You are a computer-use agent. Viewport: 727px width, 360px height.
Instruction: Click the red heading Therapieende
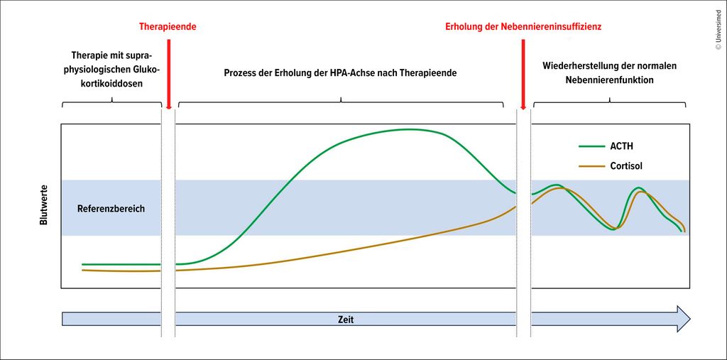pos(167,26)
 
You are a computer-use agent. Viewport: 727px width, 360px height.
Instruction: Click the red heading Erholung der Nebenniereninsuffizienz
pos(524,26)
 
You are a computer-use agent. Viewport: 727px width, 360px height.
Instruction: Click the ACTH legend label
pos(621,147)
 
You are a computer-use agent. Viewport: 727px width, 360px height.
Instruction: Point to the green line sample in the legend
pos(591,147)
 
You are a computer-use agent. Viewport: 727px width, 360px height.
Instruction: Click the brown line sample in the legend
pos(591,166)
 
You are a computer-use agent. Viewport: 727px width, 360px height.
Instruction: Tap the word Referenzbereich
pos(111,209)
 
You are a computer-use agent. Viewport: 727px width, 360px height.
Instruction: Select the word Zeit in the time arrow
pos(345,320)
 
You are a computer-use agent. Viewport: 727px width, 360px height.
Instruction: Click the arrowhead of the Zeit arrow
pos(682,319)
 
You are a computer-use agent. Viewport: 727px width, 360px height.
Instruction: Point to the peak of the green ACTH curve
pos(410,129)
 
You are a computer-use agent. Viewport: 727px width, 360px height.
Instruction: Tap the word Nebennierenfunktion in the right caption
pos(609,80)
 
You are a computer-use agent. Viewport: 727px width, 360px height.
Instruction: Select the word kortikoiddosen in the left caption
pos(112,83)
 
